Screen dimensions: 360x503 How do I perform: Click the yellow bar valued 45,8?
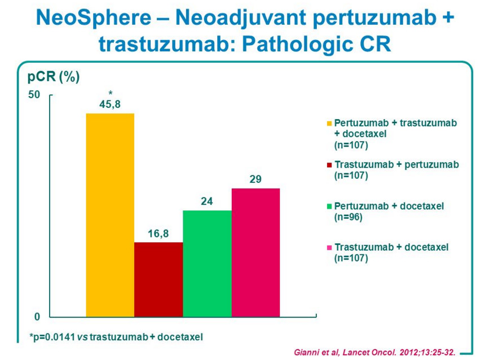click(110, 215)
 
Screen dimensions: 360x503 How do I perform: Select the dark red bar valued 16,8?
click(158, 279)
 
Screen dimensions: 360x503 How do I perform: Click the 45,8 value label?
click(110, 104)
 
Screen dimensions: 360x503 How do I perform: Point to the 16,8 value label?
click(158, 233)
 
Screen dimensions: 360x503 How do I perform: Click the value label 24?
click(207, 201)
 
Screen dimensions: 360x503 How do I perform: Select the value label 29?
click(255, 179)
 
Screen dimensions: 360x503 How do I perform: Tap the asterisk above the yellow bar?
click(110, 93)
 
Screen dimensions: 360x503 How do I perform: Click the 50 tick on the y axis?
click(35, 94)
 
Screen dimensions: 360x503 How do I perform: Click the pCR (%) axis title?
click(54, 77)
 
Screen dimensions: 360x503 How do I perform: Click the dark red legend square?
click(329, 165)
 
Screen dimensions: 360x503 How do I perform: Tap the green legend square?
click(329, 207)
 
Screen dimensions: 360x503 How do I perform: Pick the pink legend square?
click(329, 248)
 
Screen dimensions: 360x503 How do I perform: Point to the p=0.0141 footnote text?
click(116, 337)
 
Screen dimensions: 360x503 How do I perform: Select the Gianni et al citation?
click(374, 352)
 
